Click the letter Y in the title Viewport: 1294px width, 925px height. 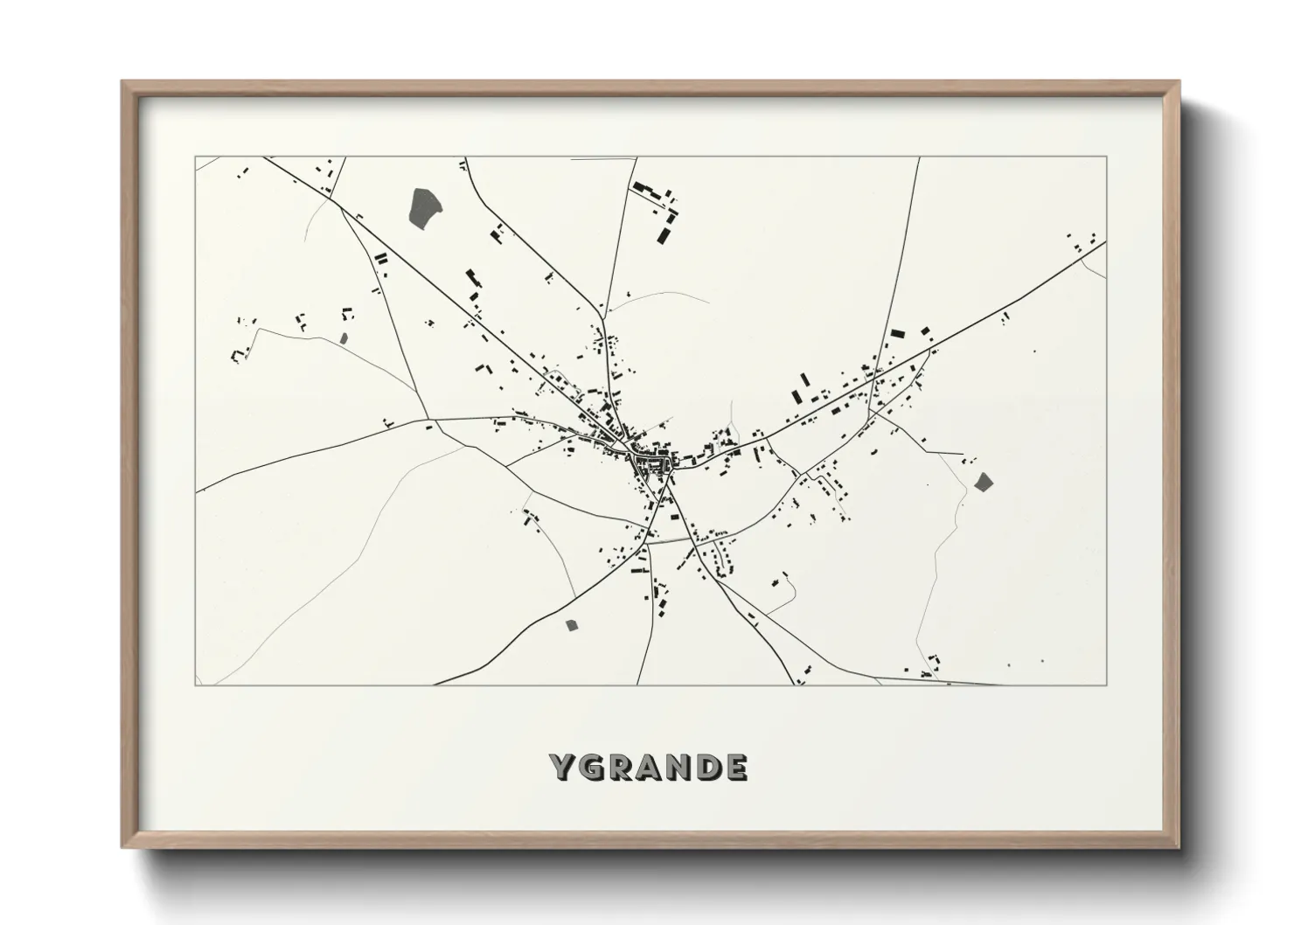[x=561, y=767]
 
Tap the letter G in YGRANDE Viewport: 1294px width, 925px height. [x=590, y=767]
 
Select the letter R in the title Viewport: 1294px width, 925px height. [x=619, y=767]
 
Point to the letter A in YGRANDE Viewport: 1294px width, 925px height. [x=649, y=767]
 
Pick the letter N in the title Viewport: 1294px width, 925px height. [x=678, y=767]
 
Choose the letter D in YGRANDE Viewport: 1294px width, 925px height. [x=708, y=767]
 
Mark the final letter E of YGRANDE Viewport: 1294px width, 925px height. [x=736, y=767]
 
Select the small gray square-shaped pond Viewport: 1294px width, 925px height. [x=573, y=624]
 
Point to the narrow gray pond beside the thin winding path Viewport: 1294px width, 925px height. [x=343, y=337]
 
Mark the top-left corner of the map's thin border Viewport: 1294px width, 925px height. [x=196, y=157]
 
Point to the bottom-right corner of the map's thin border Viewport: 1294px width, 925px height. [x=1106, y=685]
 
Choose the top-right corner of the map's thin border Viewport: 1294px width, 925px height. [x=1106, y=157]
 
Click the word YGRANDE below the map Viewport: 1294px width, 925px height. [x=649, y=767]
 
